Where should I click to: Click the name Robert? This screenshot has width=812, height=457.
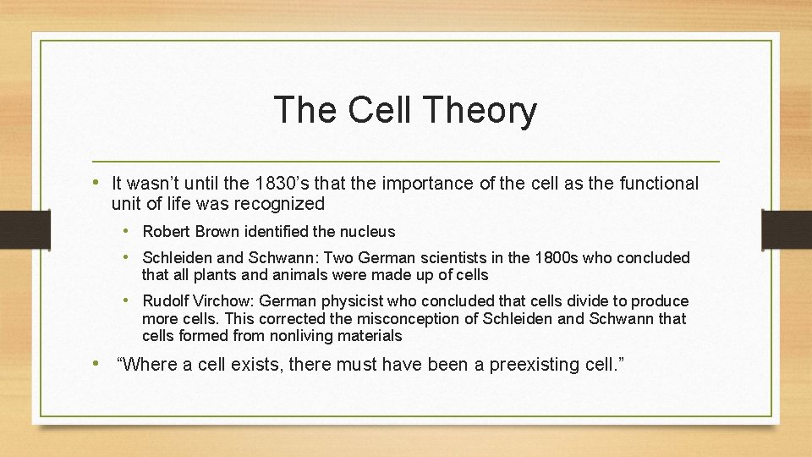point(166,231)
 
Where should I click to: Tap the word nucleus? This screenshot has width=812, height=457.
point(366,231)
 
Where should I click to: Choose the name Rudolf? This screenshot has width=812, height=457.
point(167,301)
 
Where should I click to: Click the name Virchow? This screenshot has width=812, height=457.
point(227,301)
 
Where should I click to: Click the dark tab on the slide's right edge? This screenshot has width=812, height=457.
point(787,229)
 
